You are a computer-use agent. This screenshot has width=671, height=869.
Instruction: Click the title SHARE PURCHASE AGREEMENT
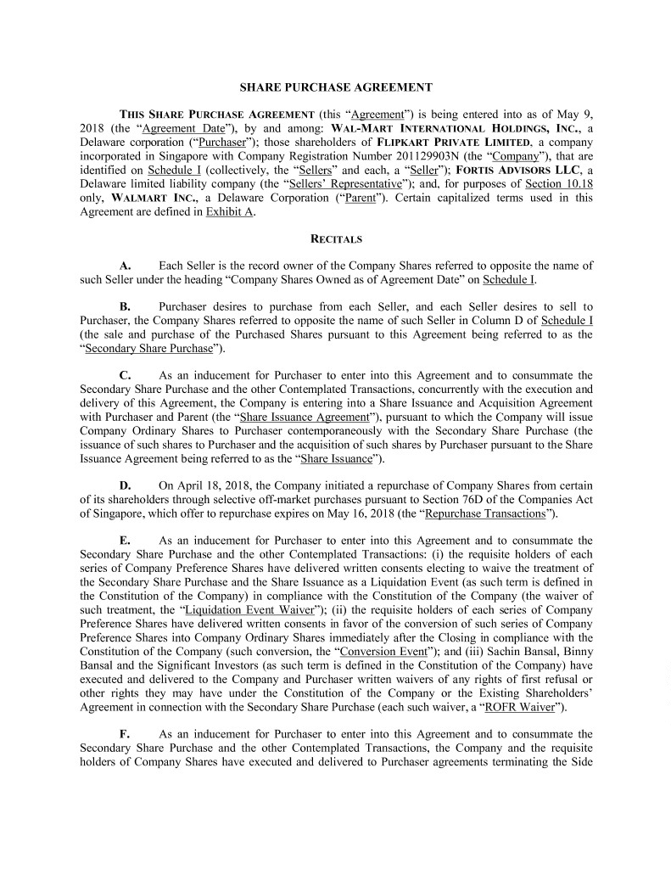click(336, 87)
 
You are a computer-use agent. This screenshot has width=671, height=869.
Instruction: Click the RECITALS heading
click(336, 239)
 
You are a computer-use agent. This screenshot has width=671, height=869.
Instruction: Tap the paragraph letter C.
click(124, 374)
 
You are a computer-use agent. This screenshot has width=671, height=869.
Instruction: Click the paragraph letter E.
click(124, 540)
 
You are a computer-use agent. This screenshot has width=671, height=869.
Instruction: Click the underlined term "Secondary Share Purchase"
click(146, 348)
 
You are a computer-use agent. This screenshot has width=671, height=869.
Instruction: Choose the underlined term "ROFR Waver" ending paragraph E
click(517, 707)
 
